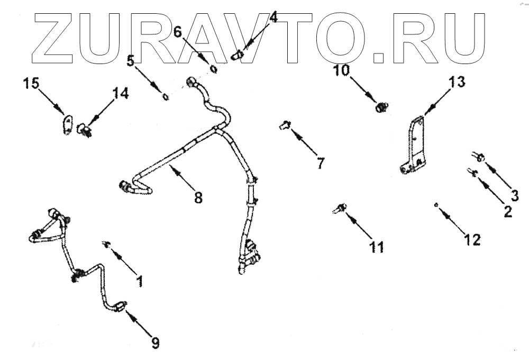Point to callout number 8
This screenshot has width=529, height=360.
(x=198, y=197)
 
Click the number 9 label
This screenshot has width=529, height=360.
(x=154, y=343)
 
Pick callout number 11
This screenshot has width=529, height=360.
(x=377, y=247)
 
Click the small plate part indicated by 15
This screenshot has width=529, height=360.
(x=67, y=125)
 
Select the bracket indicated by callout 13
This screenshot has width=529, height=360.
(x=416, y=146)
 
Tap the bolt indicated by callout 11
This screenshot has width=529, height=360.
(x=339, y=208)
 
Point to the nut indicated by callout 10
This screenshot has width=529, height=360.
(x=380, y=107)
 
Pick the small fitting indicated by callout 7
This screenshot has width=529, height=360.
(x=284, y=125)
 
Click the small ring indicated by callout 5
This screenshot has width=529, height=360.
(x=166, y=97)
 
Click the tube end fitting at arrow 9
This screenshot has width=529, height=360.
(x=120, y=305)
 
